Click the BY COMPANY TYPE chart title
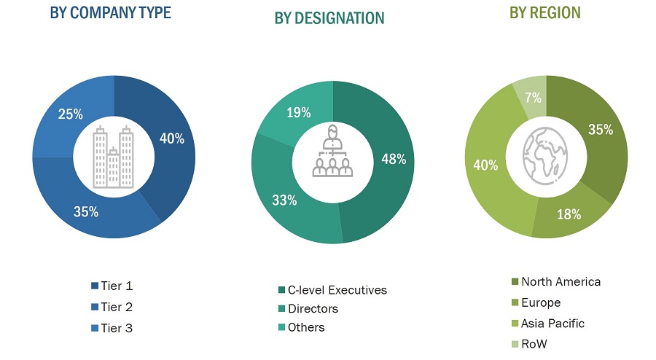[x=110, y=12]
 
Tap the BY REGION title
[x=545, y=12]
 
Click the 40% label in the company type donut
[x=171, y=138]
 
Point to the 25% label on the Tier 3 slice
[x=70, y=114]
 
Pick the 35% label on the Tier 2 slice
[x=86, y=212]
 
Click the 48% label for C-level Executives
[x=394, y=159]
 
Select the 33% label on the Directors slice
[x=285, y=200]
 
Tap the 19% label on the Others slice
[x=299, y=112]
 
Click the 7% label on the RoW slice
[x=533, y=97]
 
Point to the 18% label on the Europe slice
[x=569, y=214]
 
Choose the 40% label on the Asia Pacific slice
[x=485, y=165]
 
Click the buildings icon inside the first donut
[x=114, y=156]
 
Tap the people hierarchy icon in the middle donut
[x=332, y=151]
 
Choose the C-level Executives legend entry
[x=331, y=290]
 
